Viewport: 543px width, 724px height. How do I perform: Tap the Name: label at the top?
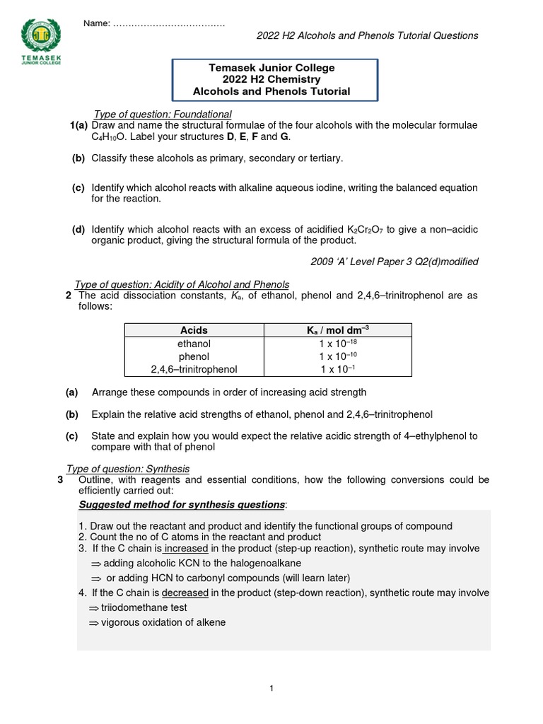tap(96, 24)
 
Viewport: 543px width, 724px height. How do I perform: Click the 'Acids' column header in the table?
tap(194, 330)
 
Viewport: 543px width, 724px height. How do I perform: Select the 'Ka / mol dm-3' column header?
tap(337, 330)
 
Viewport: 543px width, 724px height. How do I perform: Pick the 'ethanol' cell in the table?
tap(194, 344)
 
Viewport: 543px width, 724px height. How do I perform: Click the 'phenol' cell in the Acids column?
tap(194, 356)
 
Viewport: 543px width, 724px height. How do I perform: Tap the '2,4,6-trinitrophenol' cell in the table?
tap(194, 369)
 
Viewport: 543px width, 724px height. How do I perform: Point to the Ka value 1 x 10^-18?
tap(337, 344)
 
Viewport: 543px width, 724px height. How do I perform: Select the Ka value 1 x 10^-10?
tap(337, 356)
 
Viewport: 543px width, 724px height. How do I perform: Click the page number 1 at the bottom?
tap(271, 688)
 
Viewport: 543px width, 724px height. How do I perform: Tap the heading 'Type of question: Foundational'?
tap(163, 115)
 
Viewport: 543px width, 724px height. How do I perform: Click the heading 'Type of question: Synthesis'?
tap(127, 469)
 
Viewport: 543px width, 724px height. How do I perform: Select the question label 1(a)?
tap(78, 126)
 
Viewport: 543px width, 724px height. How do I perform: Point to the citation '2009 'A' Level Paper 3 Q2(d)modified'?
tap(395, 262)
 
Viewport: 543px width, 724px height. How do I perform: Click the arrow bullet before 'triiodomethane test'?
tap(94, 607)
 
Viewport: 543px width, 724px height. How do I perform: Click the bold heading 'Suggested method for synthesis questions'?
tap(181, 504)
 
